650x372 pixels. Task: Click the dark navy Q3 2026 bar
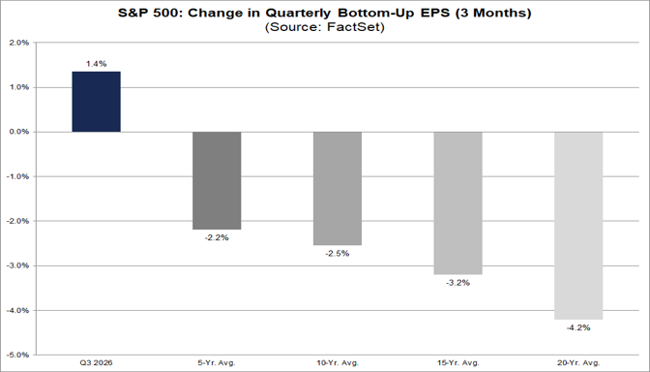click(x=96, y=102)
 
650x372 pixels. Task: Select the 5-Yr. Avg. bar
click(x=217, y=180)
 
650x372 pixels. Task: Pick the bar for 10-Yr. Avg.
click(x=338, y=189)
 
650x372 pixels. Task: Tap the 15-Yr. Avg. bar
click(x=458, y=203)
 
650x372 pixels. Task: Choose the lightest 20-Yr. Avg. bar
click(x=578, y=226)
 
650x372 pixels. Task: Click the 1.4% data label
click(x=96, y=64)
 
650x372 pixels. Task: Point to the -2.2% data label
click(x=217, y=238)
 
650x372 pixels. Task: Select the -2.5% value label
click(x=338, y=254)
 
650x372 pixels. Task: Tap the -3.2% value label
click(x=458, y=283)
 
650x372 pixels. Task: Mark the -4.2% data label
click(x=578, y=328)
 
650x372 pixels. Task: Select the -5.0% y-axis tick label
click(x=18, y=355)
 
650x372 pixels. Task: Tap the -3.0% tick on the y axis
click(x=18, y=265)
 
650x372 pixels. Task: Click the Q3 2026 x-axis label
click(x=96, y=363)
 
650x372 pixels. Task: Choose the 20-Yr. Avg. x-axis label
click(x=578, y=363)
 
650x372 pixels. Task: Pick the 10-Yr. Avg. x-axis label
click(x=338, y=363)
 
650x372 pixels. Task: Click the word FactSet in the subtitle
click(x=353, y=27)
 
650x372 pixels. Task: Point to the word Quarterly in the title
click(x=298, y=14)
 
